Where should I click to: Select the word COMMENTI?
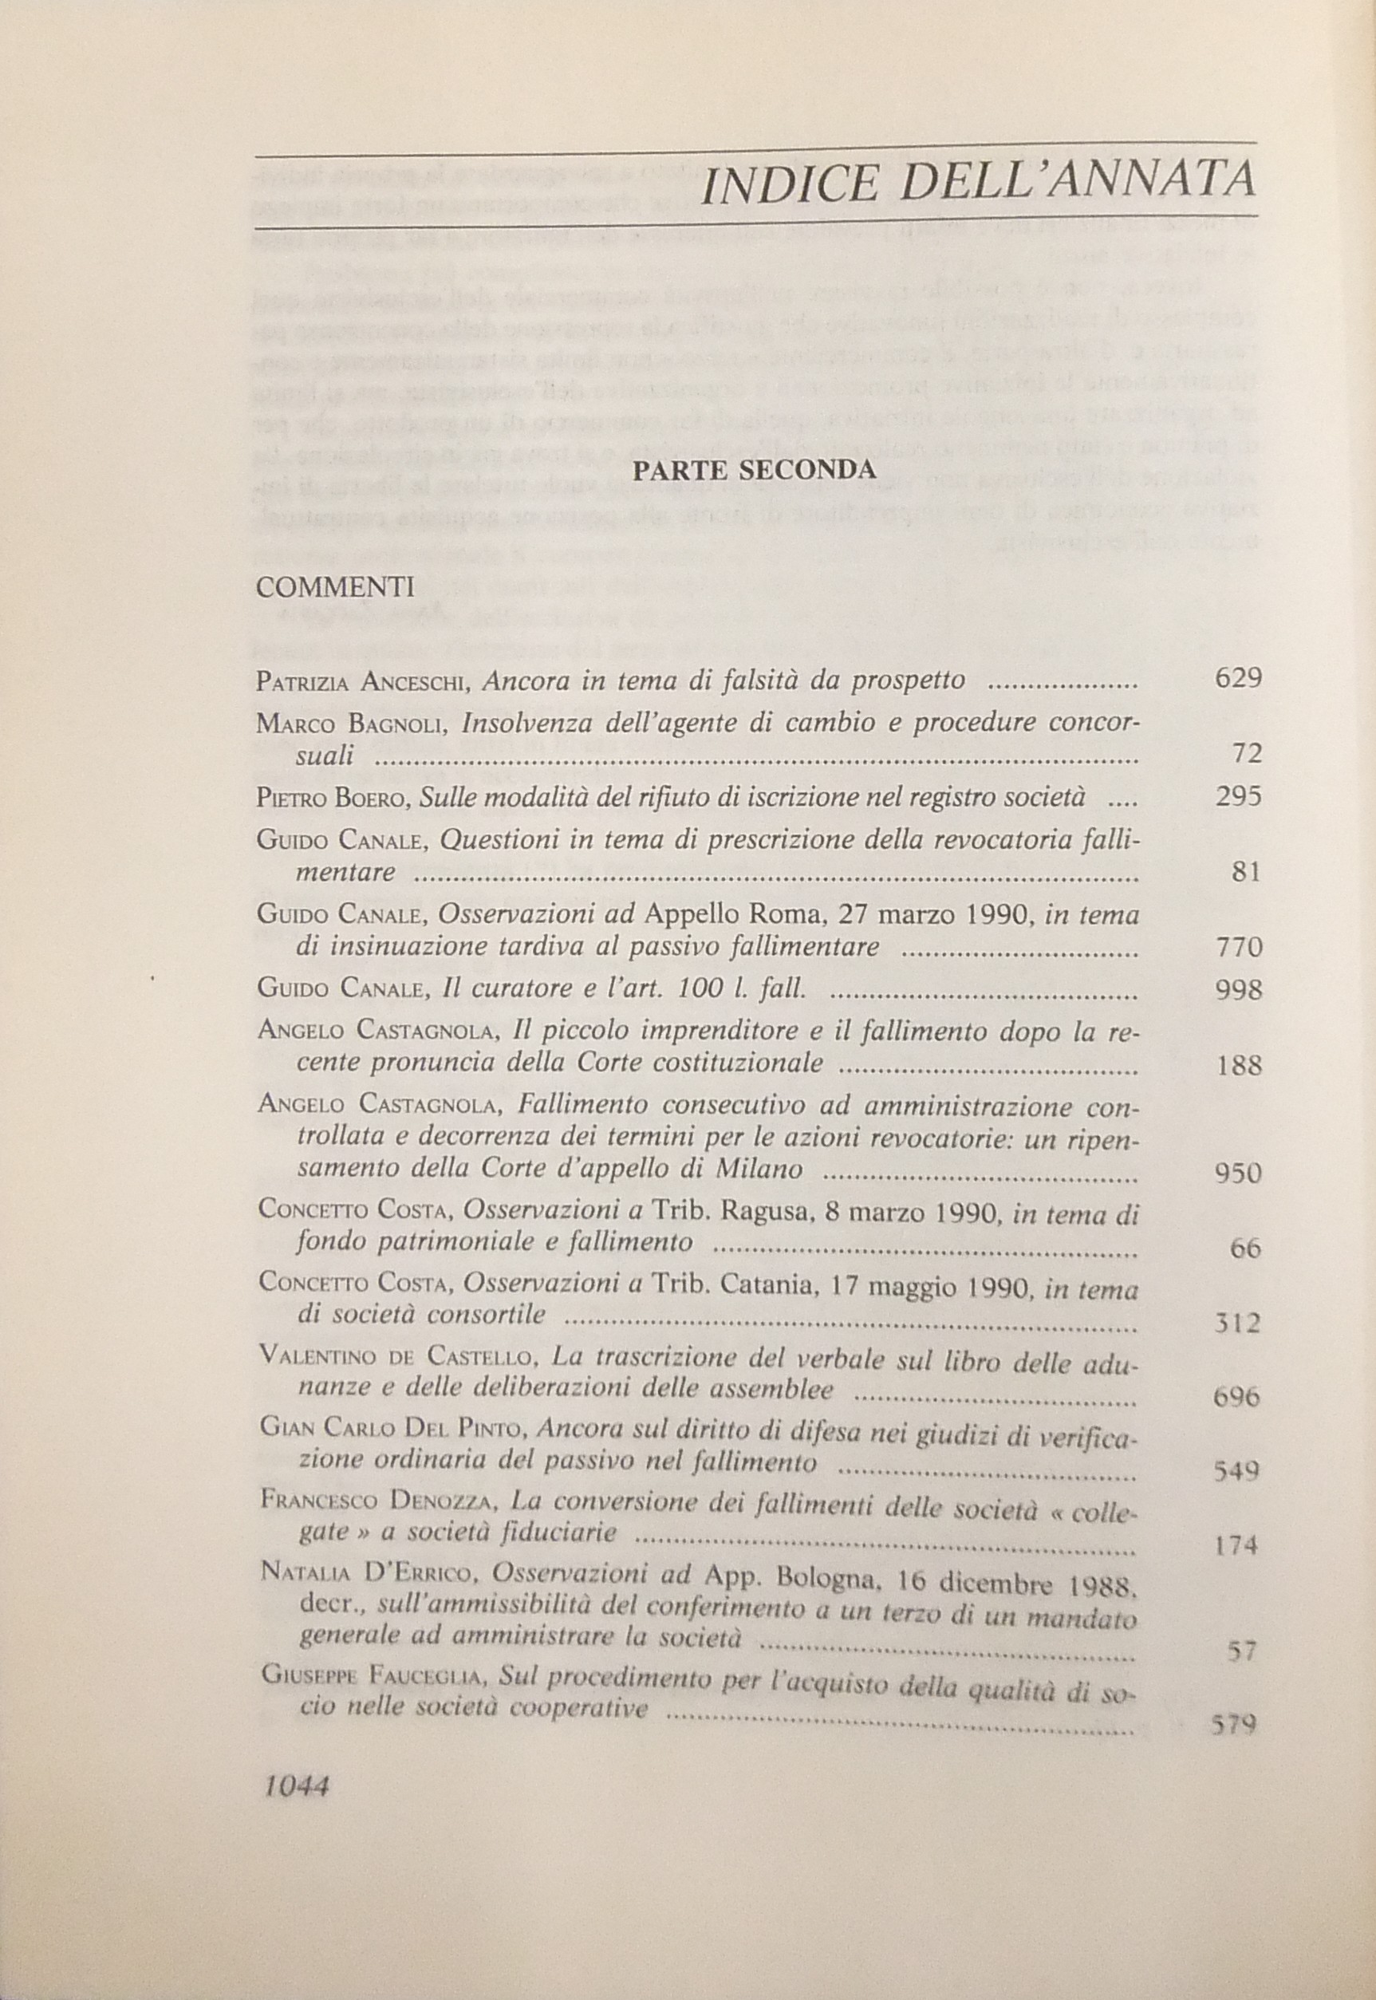[335, 588]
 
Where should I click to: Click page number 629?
[1237, 678]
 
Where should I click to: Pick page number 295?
[1237, 795]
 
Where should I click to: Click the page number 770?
[1237, 949]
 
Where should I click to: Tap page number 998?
[1237, 990]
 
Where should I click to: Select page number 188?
[1237, 1067]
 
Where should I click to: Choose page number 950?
[1237, 1174]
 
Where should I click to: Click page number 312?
[1236, 1323]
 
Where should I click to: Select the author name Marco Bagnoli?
[351, 724]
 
